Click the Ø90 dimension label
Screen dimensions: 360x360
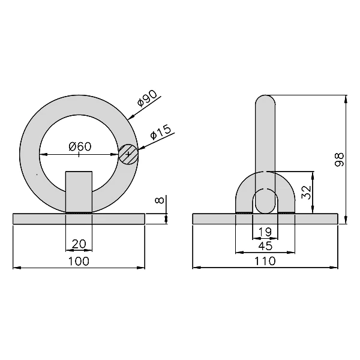click(148, 99)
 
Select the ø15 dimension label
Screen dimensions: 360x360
click(161, 133)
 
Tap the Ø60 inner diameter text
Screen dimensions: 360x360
click(79, 146)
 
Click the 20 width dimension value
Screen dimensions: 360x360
click(79, 244)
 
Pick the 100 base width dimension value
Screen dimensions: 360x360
click(79, 261)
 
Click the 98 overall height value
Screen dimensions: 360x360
click(339, 159)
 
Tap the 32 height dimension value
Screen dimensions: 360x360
click(305, 192)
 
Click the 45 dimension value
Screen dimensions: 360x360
click(265, 245)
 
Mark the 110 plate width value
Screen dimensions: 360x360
click(265, 261)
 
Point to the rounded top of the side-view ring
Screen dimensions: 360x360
click(265, 99)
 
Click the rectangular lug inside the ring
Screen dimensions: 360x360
click(79, 191)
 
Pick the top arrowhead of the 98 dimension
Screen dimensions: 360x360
click(347, 98)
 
